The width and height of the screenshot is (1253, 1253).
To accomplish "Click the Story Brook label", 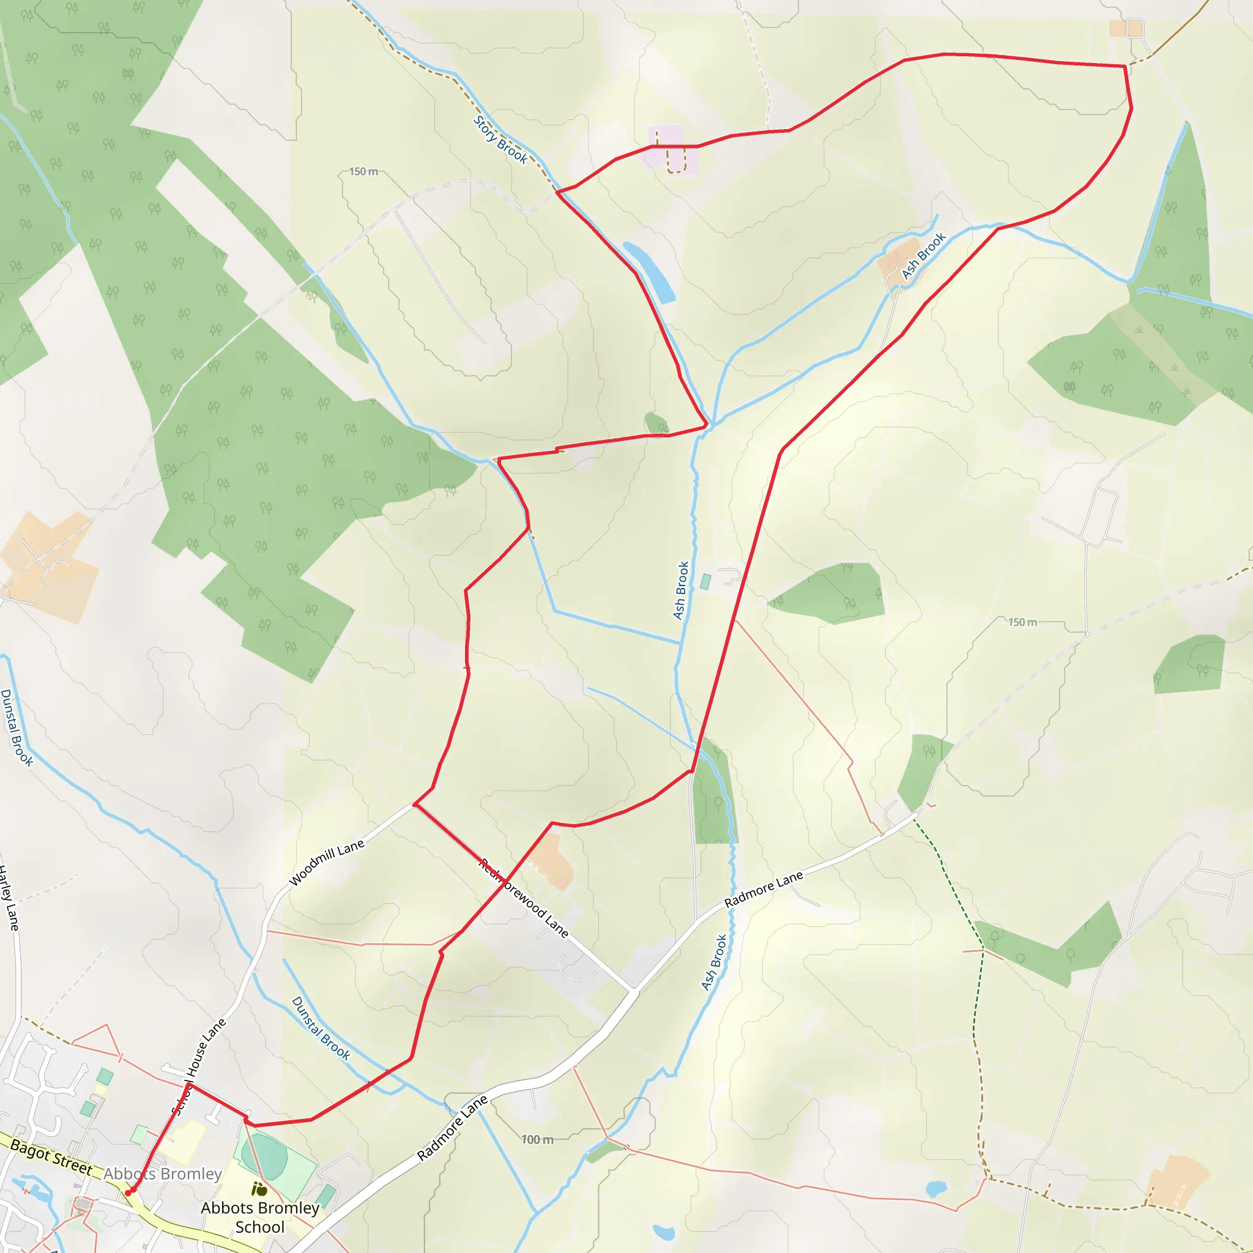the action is point(500,140).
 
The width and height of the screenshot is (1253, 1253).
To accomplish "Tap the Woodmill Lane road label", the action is point(327,863).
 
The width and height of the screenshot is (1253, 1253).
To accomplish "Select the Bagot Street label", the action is point(52,1156).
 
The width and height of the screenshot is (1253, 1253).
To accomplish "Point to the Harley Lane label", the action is point(9,898).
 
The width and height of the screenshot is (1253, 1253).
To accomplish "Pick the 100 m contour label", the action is point(538,1139).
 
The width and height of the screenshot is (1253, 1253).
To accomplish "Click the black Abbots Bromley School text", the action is point(260,1217).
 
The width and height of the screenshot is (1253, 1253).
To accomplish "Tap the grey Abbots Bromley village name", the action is point(163,1173).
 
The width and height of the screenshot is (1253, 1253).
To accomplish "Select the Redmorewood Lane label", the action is point(524,898).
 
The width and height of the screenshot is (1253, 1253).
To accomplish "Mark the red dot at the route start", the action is point(128,1192).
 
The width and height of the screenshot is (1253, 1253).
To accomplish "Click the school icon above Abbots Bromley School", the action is point(259,1188).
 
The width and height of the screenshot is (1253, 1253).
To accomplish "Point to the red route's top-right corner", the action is point(1125,66).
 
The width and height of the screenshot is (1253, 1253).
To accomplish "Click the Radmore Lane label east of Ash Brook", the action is point(764,888).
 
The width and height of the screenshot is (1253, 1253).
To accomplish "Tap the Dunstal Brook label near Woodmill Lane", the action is point(321,1028).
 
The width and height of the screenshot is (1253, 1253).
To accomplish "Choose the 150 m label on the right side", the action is point(1023,622).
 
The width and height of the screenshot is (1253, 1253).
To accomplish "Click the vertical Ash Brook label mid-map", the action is point(680,590).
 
